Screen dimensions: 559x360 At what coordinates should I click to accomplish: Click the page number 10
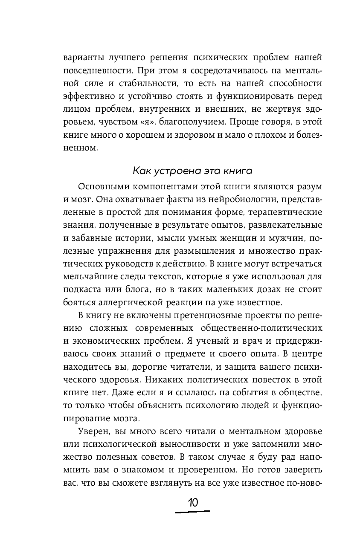[x=193, y=502]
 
